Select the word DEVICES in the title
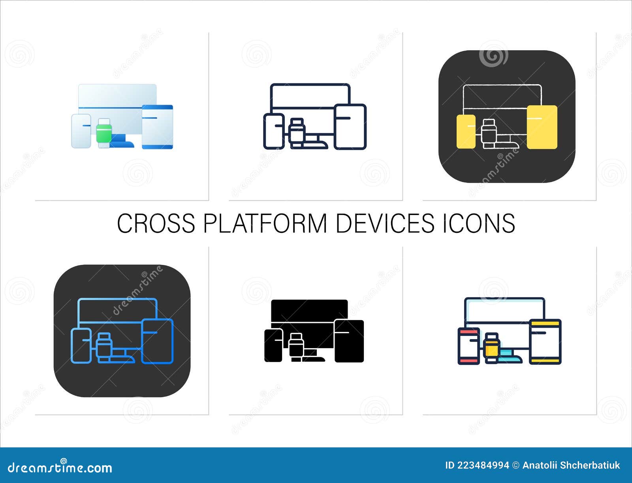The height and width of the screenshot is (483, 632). coord(385,223)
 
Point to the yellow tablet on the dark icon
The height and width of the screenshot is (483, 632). coord(542,127)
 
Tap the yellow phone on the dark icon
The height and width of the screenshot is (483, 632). coord(466,132)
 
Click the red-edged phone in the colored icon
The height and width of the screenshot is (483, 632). coord(468,345)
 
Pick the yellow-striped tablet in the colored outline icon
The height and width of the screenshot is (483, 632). coord(545,341)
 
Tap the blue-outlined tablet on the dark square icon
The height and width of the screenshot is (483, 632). coord(157,341)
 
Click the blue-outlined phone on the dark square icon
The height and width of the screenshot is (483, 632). coord(81,345)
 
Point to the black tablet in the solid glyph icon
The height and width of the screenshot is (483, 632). coord(349,341)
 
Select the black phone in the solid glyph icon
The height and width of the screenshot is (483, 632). coord(273,345)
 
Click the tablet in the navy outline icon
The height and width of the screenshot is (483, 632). coord(350,126)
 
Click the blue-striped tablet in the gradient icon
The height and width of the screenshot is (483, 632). coord(157,126)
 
